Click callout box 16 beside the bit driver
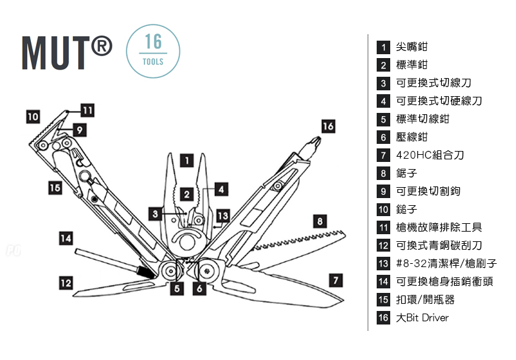pos(328,126)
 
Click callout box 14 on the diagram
pos(65,237)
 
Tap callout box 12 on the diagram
pos(65,282)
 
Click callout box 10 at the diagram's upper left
pos(33,117)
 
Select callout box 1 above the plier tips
pos(185,160)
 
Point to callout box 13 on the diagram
pos(223,215)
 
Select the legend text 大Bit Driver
pos(422,318)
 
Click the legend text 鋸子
pos(406,174)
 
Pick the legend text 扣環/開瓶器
pos(425,300)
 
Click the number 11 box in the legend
pos(383,228)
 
